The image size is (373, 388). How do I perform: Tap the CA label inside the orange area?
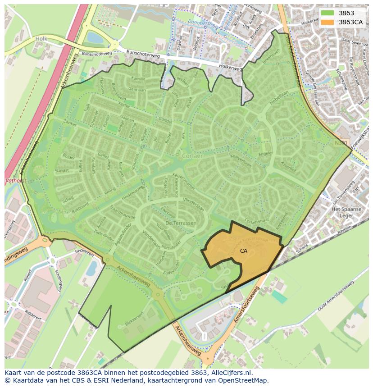243,251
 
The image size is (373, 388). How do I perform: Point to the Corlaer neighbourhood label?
194,155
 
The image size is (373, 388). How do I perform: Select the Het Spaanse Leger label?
347,213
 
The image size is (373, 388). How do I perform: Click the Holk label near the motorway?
41,39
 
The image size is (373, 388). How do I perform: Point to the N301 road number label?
341,142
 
